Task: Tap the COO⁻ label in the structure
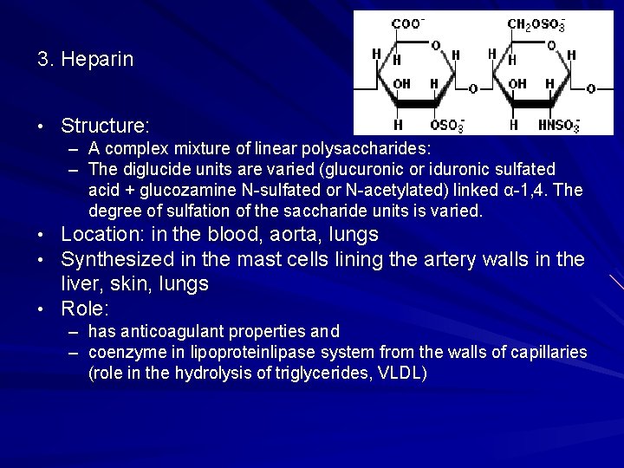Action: point(407,23)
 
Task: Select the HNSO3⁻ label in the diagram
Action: point(558,126)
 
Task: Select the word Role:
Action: point(85,309)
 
